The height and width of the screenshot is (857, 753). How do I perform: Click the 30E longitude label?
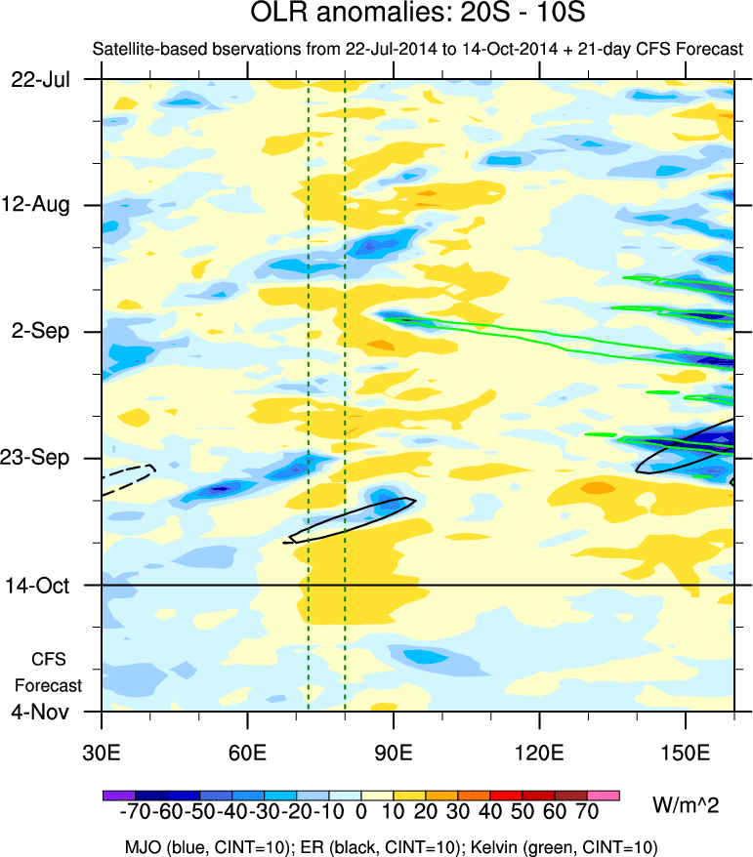[102, 753]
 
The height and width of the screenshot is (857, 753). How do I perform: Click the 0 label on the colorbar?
[361, 813]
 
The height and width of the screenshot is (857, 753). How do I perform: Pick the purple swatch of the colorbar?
[118, 796]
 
